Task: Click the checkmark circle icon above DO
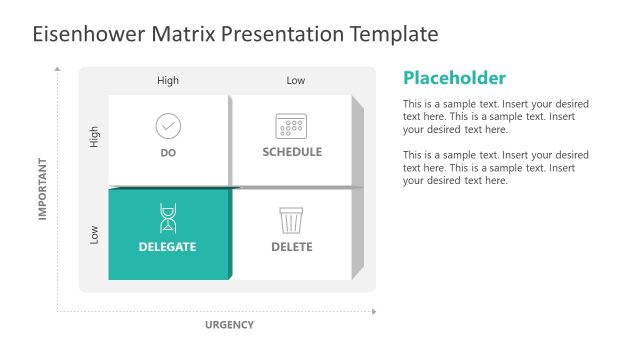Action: click(168, 126)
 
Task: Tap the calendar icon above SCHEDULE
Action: click(291, 126)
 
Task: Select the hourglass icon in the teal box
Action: click(168, 218)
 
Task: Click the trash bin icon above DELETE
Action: click(291, 219)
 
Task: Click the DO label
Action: click(168, 153)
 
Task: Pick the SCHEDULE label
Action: click(292, 152)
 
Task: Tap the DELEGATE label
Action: click(168, 247)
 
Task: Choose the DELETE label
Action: click(292, 247)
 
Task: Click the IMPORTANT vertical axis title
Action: click(43, 188)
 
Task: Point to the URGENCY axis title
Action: click(229, 324)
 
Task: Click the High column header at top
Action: click(168, 81)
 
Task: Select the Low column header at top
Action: click(296, 81)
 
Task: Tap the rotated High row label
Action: click(95, 138)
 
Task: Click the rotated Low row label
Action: click(95, 235)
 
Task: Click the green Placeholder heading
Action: click(454, 78)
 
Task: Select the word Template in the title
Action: click(393, 34)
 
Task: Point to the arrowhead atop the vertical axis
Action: click(58, 70)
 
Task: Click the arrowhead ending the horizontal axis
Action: click(374, 311)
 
